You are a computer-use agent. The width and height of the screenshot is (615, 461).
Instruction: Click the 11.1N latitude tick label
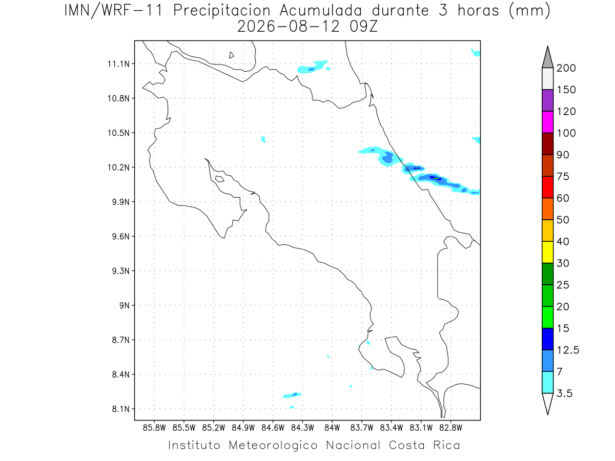tap(118, 64)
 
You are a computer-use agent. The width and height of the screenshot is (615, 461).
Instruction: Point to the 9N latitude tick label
tap(125, 305)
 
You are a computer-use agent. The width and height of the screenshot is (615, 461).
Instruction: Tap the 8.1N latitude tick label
tap(121, 409)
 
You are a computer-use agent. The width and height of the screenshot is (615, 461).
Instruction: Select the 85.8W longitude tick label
tap(154, 428)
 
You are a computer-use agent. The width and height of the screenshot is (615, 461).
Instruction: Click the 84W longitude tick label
tap(332, 428)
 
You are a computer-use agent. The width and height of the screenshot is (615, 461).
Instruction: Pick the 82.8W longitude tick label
tap(450, 428)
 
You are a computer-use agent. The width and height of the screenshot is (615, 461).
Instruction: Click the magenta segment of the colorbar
tap(547, 122)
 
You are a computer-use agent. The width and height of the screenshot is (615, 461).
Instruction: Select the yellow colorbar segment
tap(547, 252)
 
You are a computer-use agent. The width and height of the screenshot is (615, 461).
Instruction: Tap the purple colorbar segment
tap(547, 100)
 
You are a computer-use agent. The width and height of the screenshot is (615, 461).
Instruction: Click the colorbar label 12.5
tap(568, 350)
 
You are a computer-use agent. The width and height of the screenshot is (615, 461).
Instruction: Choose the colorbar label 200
tap(566, 68)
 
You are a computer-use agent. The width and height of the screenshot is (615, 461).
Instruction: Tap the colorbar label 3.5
tap(564, 393)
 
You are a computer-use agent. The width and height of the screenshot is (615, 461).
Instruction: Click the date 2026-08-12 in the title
tap(289, 27)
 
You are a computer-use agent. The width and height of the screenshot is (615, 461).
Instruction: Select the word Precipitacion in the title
tap(222, 11)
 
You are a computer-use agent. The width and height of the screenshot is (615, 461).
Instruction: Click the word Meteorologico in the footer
tap(273, 446)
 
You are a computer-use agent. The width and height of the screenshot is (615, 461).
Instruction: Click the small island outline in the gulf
tap(220, 179)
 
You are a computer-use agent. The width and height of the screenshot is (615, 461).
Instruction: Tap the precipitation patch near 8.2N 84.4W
tap(292, 395)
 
